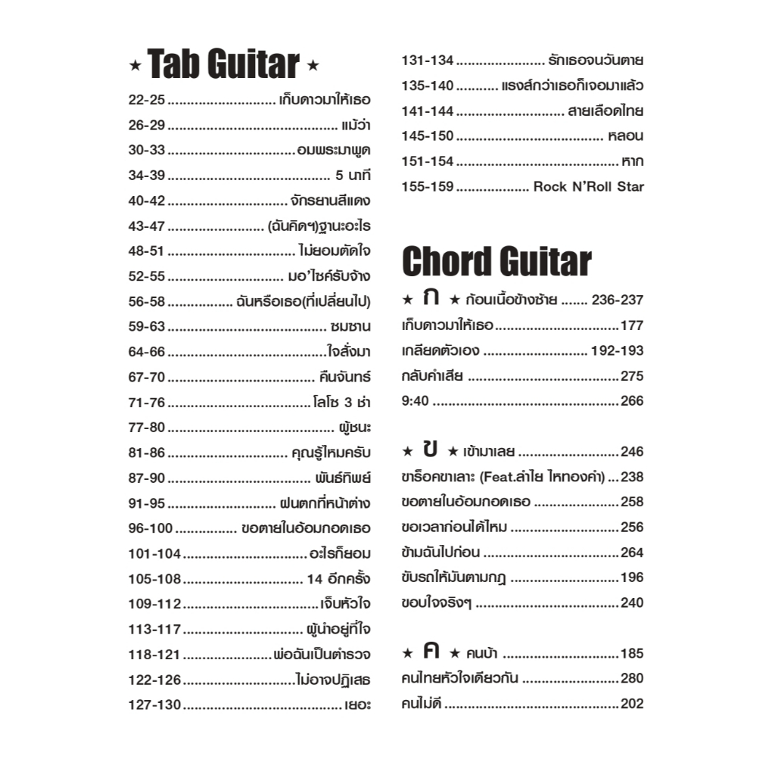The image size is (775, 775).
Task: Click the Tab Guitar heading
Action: (224, 65)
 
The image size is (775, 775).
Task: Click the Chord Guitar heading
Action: (496, 262)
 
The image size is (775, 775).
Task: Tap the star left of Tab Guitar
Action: (135, 67)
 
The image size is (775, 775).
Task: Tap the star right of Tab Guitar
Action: (313, 67)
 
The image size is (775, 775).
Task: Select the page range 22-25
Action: (147, 99)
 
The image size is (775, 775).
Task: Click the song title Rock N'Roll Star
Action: (588, 186)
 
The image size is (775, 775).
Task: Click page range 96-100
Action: (151, 528)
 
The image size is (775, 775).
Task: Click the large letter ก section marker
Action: (431, 298)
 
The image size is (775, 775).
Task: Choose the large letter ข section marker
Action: (431, 450)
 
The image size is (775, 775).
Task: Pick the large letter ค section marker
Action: (431, 652)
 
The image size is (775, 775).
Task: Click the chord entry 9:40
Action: (415, 401)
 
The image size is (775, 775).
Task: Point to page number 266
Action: (632, 401)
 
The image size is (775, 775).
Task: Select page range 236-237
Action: (617, 300)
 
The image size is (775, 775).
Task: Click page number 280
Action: (632, 678)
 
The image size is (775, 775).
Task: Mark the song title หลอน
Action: (625, 136)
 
